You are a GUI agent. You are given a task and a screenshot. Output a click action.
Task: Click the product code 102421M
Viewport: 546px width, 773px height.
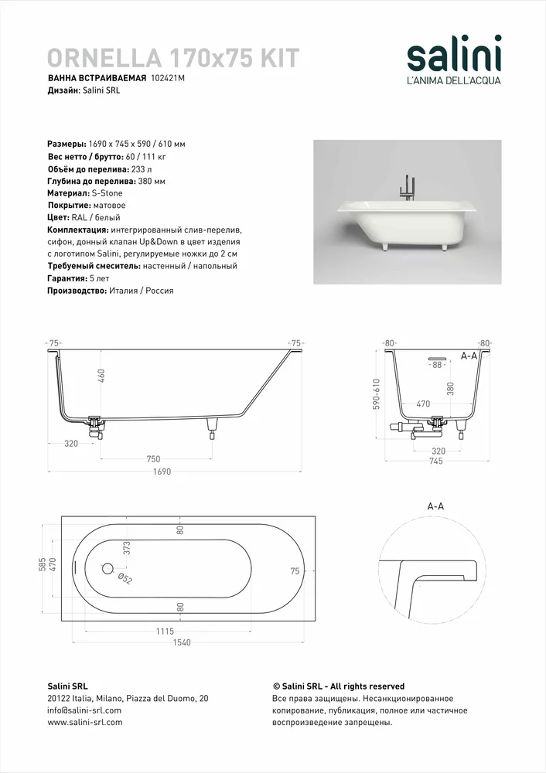click(x=169, y=79)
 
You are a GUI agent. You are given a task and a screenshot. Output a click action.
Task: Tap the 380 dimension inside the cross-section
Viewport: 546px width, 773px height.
click(x=450, y=388)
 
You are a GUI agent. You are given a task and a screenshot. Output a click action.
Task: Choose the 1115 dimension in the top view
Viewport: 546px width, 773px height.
click(x=165, y=631)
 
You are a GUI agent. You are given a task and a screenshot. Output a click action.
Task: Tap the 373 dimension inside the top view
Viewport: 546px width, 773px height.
click(x=127, y=550)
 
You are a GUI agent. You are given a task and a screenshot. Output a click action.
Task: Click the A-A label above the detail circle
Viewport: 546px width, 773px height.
click(x=435, y=506)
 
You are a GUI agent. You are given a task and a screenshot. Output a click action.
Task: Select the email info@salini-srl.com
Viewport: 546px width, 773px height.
click(x=84, y=710)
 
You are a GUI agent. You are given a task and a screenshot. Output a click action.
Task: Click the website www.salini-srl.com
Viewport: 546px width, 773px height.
click(x=85, y=722)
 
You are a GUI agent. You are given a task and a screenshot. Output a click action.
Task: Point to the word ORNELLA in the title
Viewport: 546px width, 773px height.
click(x=104, y=58)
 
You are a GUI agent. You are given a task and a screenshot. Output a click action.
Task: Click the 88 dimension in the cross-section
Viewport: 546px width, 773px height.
click(x=437, y=365)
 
